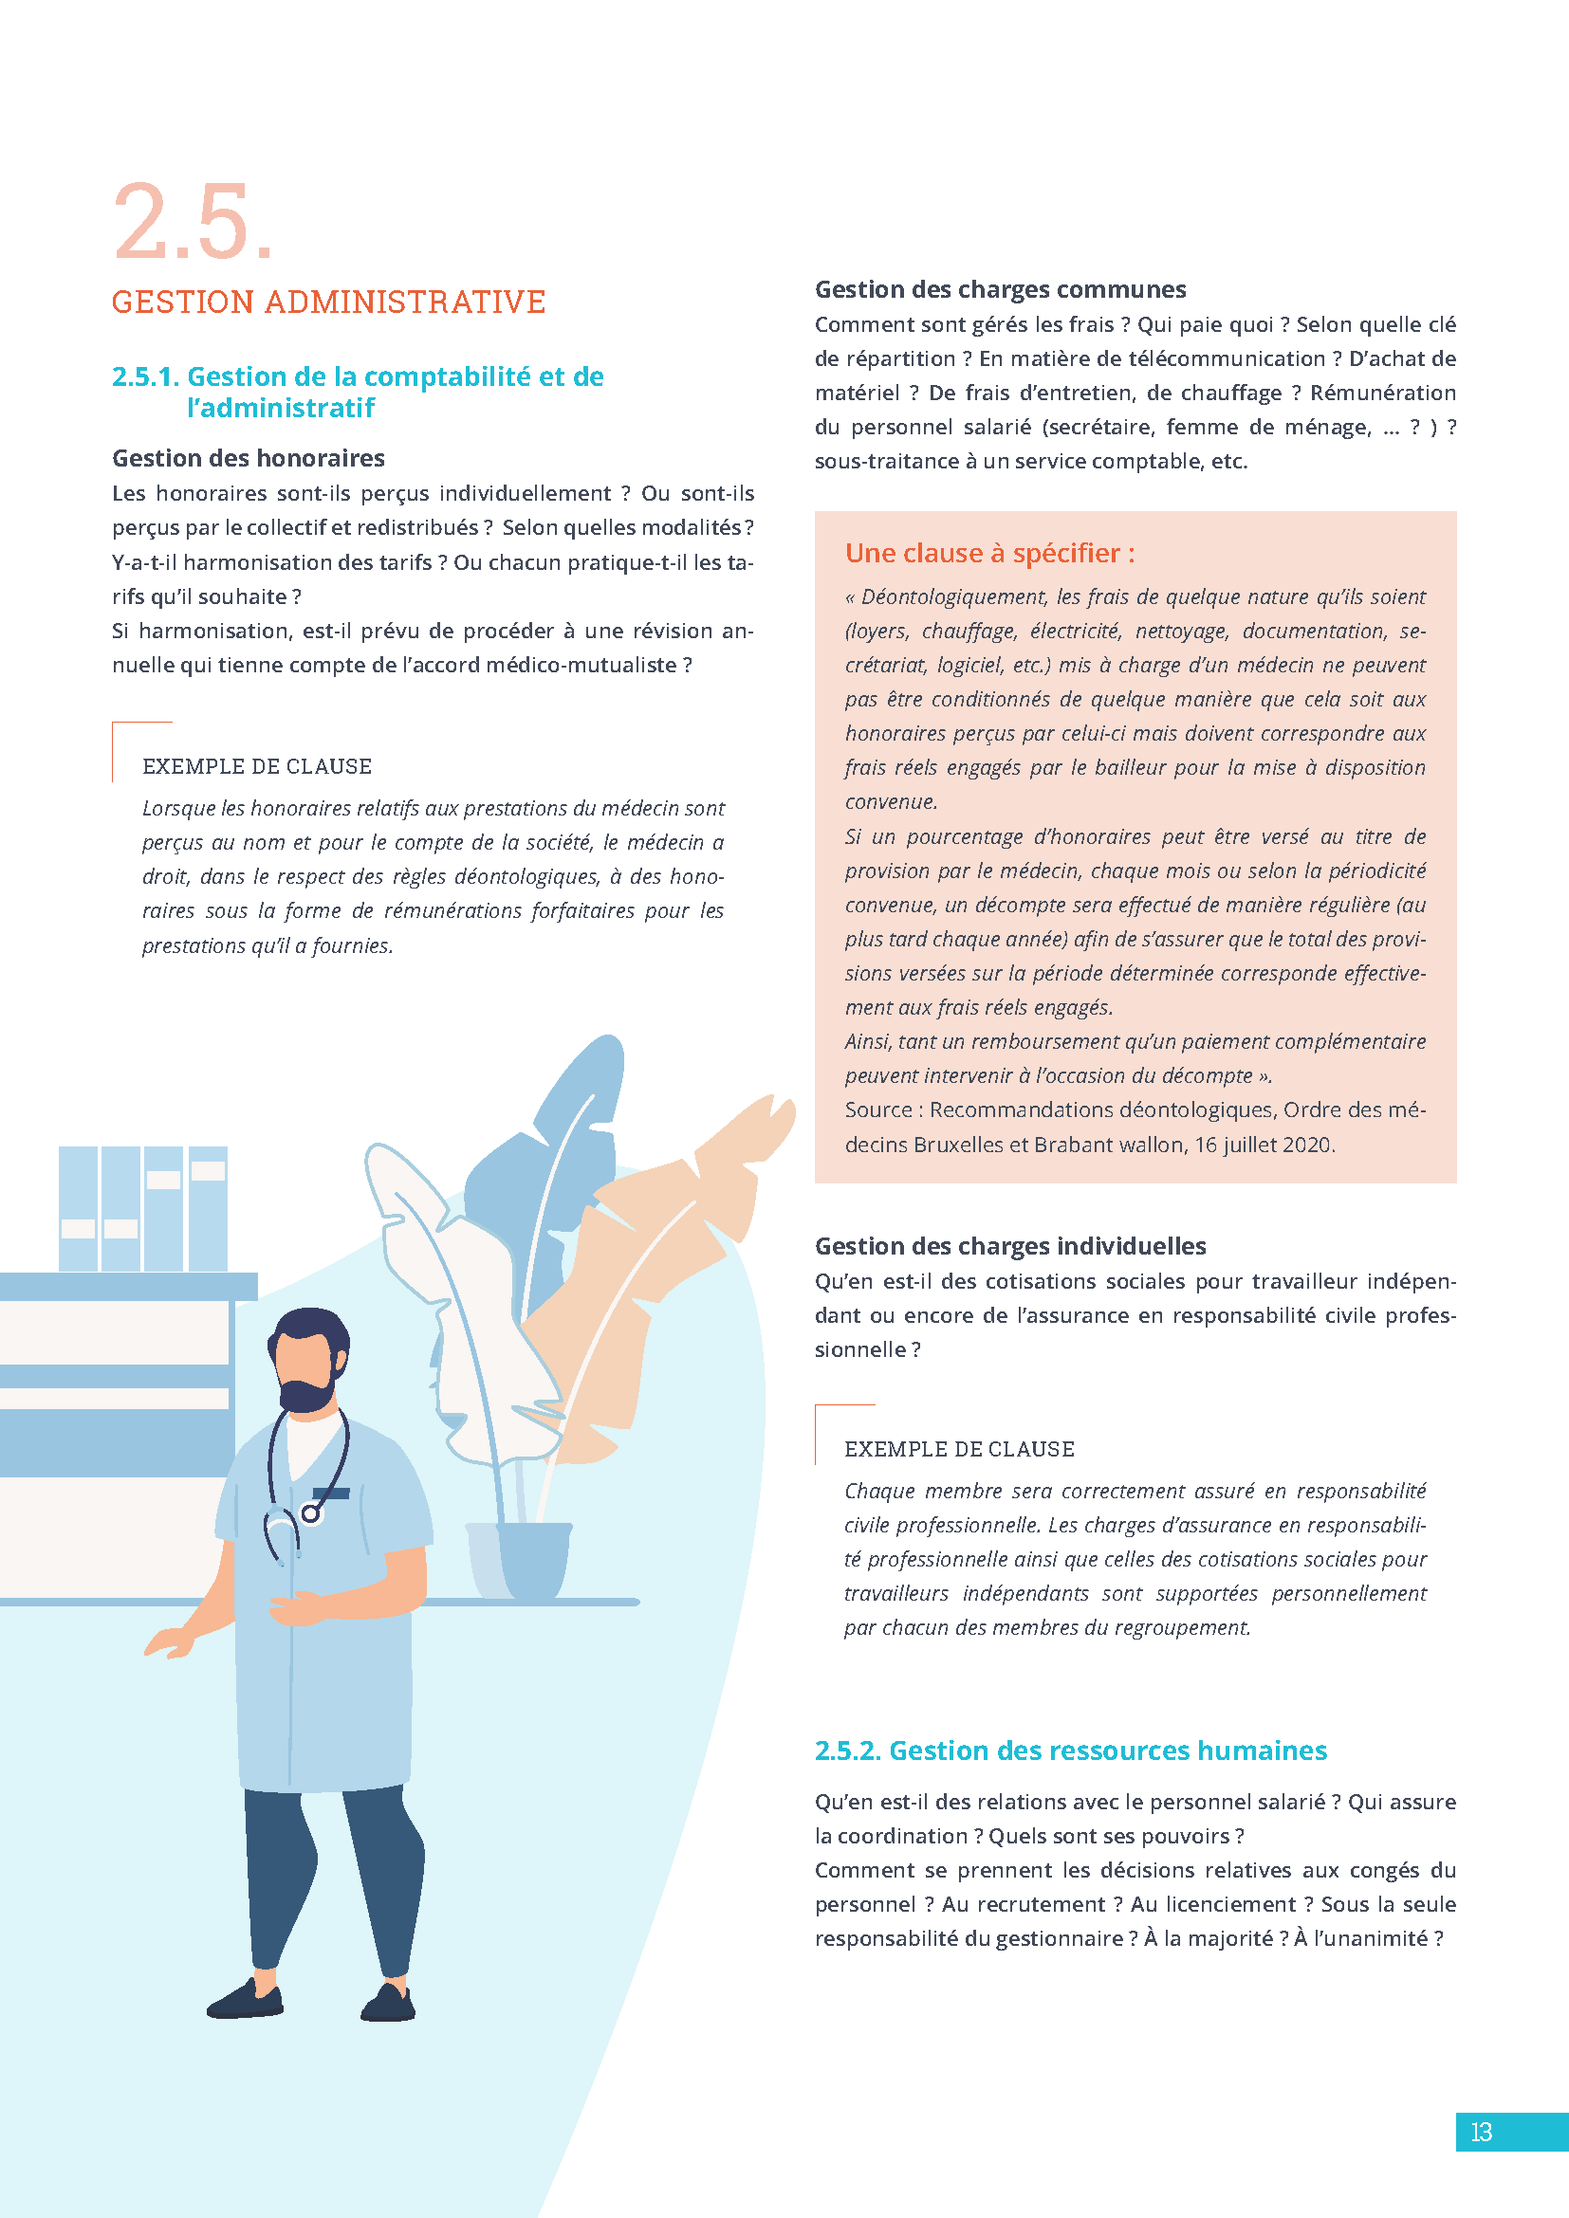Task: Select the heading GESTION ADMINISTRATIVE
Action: [328, 302]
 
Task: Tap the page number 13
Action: [1481, 2132]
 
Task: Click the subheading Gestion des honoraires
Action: [249, 458]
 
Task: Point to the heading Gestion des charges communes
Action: [1000, 289]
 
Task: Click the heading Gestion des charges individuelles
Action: [1009, 1246]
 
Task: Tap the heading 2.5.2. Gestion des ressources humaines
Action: [1070, 1751]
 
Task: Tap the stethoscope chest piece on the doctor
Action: [310, 1513]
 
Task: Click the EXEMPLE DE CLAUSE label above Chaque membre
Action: [959, 1449]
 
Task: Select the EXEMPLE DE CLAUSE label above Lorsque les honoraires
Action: [257, 766]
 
